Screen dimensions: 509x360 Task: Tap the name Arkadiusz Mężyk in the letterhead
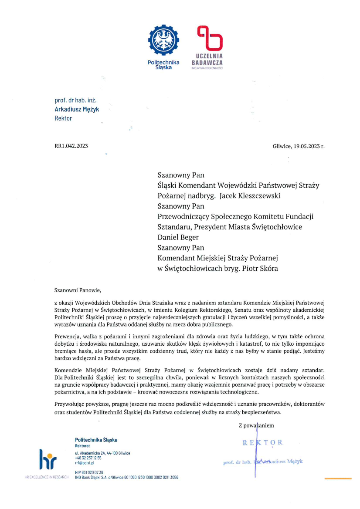(77, 109)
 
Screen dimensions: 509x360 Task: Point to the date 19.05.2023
(309, 146)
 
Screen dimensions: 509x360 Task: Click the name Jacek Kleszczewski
(250, 196)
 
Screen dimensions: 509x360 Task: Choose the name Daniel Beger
(178, 237)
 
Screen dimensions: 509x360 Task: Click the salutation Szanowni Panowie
(78, 290)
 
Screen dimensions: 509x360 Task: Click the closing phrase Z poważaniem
(256, 425)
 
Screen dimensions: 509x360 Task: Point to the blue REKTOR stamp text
(262, 443)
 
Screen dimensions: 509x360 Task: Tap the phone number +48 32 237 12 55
(88, 458)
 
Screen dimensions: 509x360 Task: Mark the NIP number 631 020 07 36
(89, 472)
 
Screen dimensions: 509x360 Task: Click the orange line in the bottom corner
(338, 479)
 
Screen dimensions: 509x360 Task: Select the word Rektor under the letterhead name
(63, 118)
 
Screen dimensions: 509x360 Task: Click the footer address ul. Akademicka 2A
(102, 453)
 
